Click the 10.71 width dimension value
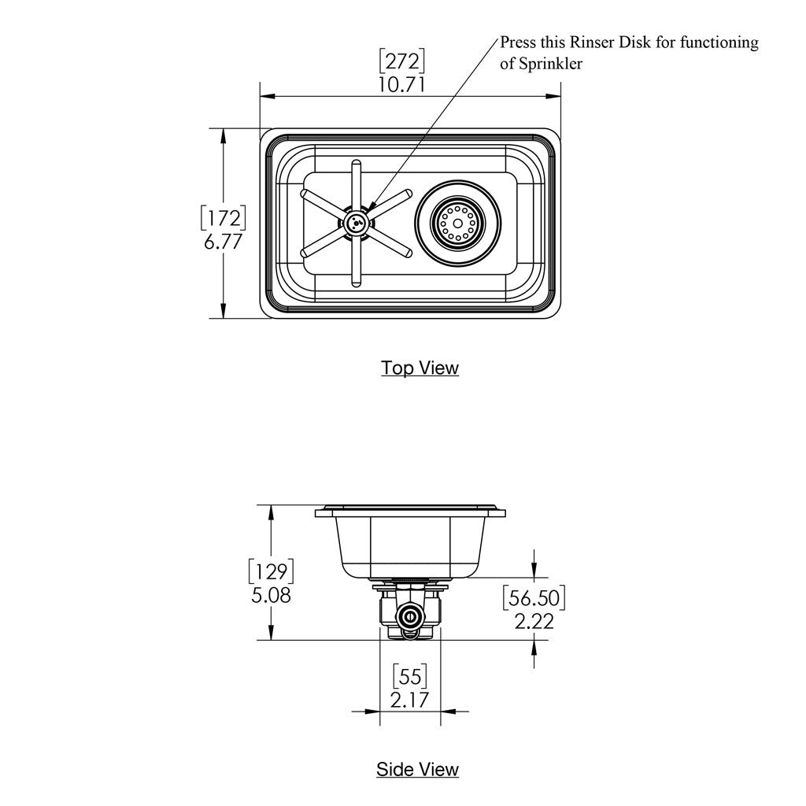click(401, 83)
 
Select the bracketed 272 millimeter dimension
click(401, 60)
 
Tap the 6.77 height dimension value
click(223, 242)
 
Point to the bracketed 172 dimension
click(223, 218)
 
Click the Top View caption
click(420, 368)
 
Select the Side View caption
click(417, 769)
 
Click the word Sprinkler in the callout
click(551, 64)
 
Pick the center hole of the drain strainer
click(457, 224)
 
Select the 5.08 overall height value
click(271, 595)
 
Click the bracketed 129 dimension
click(271, 571)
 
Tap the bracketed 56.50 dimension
click(534, 597)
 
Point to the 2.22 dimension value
click(534, 621)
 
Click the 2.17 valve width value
click(410, 698)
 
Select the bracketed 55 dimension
click(410, 675)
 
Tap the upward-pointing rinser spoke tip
click(357, 165)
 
